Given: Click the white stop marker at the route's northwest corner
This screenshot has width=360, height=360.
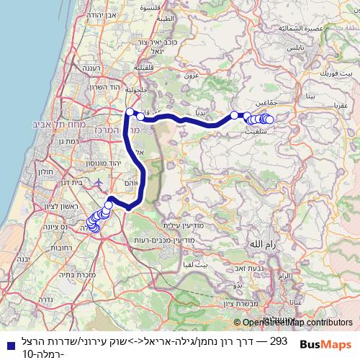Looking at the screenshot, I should click(130, 112).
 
